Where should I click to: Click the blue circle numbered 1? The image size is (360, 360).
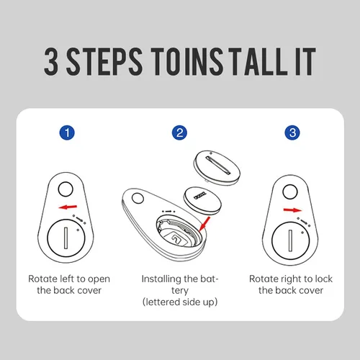pos(67,132)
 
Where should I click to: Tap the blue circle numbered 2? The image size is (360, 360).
pos(179,132)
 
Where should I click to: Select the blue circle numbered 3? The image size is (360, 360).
pos(292,132)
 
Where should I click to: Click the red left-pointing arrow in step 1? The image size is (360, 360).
pos(68,207)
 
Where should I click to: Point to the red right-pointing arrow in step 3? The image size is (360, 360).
pos(292,210)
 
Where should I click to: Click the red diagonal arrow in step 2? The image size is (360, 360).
pos(204,224)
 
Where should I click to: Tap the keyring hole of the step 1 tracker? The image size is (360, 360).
pos(66,189)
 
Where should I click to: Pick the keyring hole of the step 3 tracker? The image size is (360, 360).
pos(290,192)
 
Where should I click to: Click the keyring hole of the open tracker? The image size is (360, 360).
pos(138,199)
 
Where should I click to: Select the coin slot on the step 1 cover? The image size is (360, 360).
pos(66,238)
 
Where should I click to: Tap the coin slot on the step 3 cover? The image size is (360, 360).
pos(290,240)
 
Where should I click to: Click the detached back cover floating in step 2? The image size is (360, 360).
pos(217,167)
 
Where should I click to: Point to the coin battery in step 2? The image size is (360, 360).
pos(202,201)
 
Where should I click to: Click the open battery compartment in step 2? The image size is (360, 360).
pos(179,232)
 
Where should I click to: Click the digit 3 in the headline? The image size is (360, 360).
pos(51,61)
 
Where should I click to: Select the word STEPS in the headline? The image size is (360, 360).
pos(104,61)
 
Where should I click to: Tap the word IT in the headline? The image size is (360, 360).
pos(305,61)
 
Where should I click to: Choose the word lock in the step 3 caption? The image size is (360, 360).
pos(323,279)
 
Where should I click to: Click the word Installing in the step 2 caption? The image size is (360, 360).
pos(161,279)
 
